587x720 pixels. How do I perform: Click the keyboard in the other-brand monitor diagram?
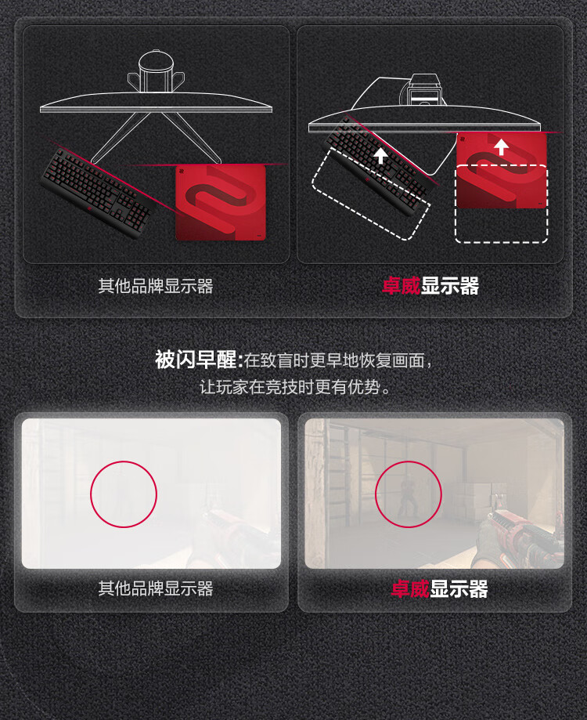pyautogui.click(x=97, y=193)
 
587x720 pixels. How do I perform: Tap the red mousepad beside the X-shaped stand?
pyautogui.click(x=221, y=202)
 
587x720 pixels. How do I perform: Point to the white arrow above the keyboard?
pyautogui.click(x=380, y=155)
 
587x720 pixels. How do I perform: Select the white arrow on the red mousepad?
pyautogui.click(x=501, y=147)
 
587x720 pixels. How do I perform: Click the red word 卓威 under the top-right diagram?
pyautogui.click(x=402, y=286)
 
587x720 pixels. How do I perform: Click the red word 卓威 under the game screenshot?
pyautogui.click(x=410, y=588)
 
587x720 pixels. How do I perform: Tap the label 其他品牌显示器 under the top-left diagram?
pyautogui.click(x=156, y=286)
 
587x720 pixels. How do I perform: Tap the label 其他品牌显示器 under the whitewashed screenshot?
pyautogui.click(x=156, y=588)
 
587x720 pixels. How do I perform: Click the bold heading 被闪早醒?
pyautogui.click(x=196, y=360)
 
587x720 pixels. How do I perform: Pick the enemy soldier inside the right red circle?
pyautogui.click(x=407, y=497)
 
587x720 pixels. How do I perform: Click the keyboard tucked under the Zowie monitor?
pyautogui.click(x=377, y=166)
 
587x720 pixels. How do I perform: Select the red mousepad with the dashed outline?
pyautogui.click(x=502, y=171)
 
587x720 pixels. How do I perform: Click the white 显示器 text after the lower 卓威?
pyautogui.click(x=459, y=588)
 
